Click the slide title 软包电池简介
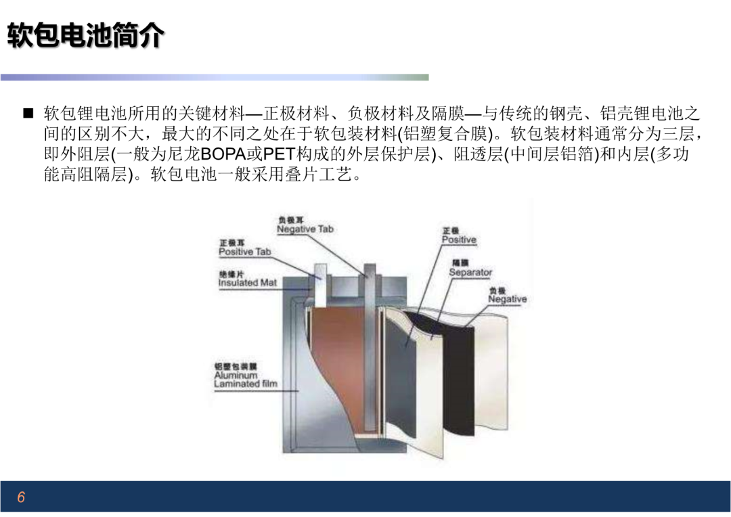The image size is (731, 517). pyautogui.click(x=86, y=35)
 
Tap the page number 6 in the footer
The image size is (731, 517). pyautogui.click(x=21, y=497)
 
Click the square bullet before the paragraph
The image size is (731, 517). pyautogui.click(x=28, y=113)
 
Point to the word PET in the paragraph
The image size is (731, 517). pyautogui.click(x=279, y=154)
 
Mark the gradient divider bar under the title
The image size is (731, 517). pyautogui.click(x=215, y=77)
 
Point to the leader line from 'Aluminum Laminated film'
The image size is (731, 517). pyautogui.click(x=257, y=391)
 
